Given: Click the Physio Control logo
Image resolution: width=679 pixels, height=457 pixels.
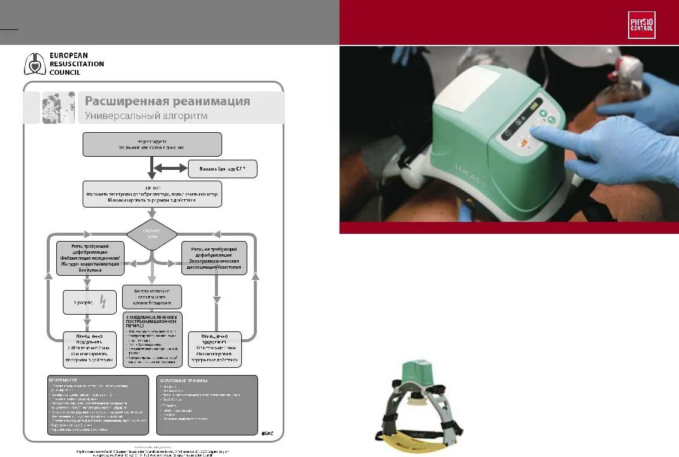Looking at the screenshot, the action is (x=641, y=25).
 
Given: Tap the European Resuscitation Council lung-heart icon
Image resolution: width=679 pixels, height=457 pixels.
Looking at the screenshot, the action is (x=34, y=64).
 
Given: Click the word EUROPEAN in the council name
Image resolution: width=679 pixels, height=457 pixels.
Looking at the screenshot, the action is (x=68, y=56).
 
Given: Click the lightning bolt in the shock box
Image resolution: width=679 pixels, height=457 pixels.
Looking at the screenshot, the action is (x=102, y=303).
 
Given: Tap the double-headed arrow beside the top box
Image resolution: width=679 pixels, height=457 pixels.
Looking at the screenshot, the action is (x=171, y=169).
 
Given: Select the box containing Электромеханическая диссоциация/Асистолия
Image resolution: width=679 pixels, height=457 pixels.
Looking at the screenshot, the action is (x=214, y=258).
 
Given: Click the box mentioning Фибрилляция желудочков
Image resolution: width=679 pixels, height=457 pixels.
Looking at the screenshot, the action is (x=90, y=258).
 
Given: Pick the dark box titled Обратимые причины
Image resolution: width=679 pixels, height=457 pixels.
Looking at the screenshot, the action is (x=207, y=404).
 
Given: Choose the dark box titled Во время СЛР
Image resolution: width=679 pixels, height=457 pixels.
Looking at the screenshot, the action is (x=98, y=404).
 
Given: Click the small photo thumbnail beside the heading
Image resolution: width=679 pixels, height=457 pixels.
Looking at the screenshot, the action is (x=58, y=108).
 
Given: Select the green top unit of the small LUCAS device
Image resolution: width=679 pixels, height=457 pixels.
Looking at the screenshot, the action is (x=417, y=375).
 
